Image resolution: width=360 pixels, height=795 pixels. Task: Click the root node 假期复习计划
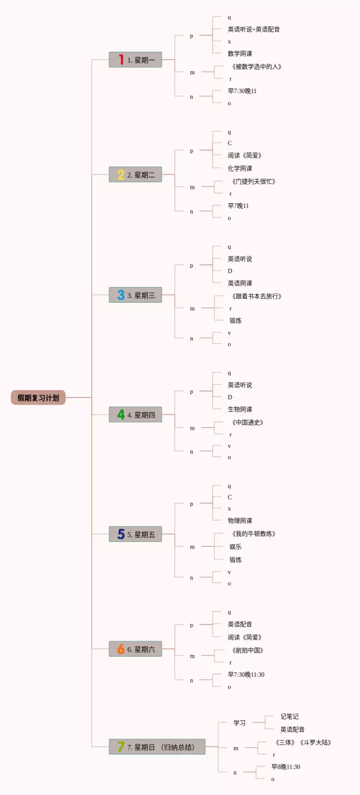point(38,398)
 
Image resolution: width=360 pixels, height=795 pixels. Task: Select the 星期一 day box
point(136,60)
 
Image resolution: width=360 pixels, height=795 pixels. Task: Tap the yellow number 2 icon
point(121,174)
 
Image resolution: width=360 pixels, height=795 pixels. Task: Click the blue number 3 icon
point(121,295)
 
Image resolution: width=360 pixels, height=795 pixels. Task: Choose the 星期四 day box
point(136,415)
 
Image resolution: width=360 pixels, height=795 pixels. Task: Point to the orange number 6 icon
point(121,649)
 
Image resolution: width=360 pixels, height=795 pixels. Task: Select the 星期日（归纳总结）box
point(157,747)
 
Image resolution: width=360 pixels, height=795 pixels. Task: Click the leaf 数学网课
point(240,54)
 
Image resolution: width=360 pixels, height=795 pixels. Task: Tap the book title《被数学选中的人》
point(256,67)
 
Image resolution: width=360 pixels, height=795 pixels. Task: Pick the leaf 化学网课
point(240,169)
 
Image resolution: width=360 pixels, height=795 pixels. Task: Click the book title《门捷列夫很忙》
point(253,182)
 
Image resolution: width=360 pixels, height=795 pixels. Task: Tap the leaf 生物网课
point(240,410)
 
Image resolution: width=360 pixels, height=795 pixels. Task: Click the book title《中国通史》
point(247,423)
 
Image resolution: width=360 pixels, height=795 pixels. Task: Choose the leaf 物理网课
point(240,521)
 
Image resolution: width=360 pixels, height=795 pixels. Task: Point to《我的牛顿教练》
point(253,534)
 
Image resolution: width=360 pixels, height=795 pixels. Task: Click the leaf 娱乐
point(236,547)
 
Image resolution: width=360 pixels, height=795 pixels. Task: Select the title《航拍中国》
point(247,650)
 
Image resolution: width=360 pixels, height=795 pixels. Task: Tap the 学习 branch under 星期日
point(240,723)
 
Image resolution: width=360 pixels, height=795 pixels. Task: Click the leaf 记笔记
point(290,717)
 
